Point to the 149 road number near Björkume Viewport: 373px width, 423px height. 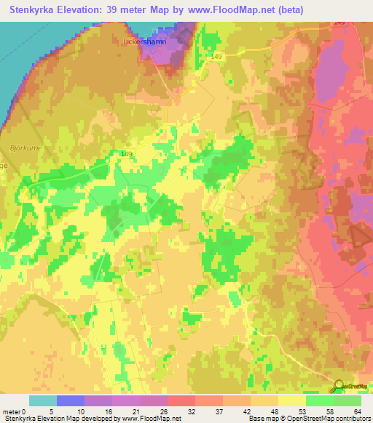coord(127,154)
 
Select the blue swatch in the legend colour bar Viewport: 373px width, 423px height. coord(71,400)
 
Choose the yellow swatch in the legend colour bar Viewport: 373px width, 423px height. coord(292,400)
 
